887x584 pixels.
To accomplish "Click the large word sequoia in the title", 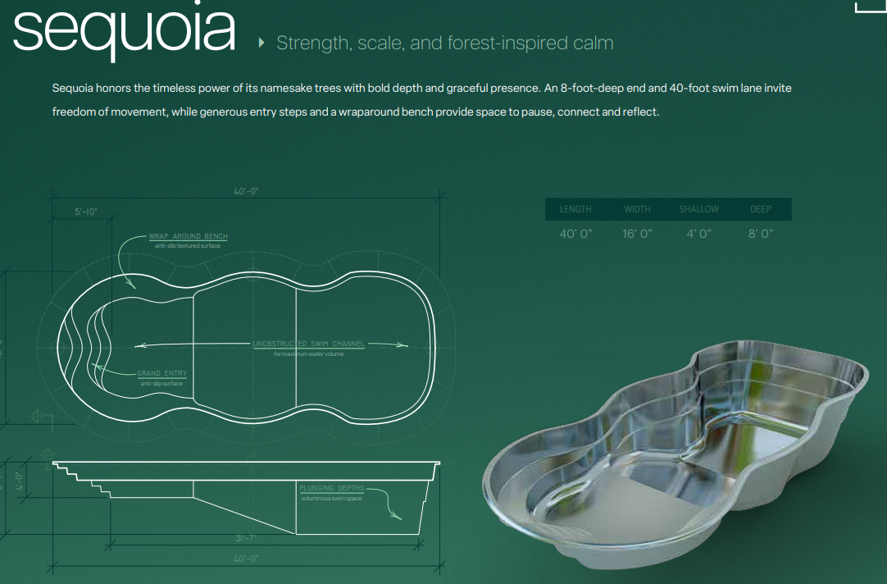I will point(125,30).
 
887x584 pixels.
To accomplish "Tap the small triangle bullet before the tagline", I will point(262,43).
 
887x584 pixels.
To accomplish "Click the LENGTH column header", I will point(575,209).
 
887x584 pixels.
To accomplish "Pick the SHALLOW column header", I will point(698,209).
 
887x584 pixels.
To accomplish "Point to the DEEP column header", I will point(760,209).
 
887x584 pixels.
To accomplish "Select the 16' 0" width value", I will point(637,234).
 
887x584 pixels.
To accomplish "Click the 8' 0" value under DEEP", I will point(760,234).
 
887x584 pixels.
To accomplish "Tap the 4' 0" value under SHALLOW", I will point(698,234).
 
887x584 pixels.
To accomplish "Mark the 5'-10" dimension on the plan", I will point(86,212).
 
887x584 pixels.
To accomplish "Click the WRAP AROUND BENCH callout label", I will point(188,236).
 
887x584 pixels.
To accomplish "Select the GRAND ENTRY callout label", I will point(161,373).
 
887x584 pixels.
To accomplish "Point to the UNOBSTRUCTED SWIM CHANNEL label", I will point(308,344).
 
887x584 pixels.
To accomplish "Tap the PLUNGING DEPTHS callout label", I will point(331,488).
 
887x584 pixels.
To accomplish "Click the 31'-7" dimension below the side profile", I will point(246,538).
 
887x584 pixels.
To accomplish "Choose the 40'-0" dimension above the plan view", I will point(246,191).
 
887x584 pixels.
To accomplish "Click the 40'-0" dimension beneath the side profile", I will point(246,559).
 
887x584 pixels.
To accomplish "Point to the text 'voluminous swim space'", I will point(330,498).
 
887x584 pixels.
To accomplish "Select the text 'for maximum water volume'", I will point(308,354).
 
